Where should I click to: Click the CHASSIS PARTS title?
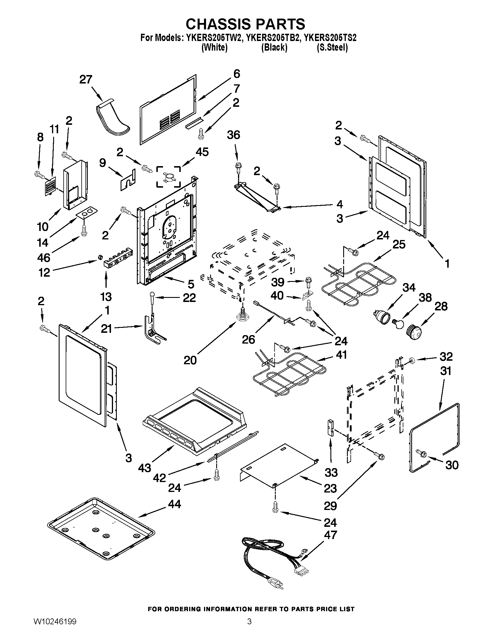point(245,24)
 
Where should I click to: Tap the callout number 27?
point(86,79)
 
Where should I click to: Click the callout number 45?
point(202,152)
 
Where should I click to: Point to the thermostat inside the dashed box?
point(169,177)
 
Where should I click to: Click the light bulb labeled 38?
point(398,324)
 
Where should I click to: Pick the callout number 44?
point(174,504)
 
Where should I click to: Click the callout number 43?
point(145,468)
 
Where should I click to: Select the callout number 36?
point(234,135)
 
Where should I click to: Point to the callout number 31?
point(445,371)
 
